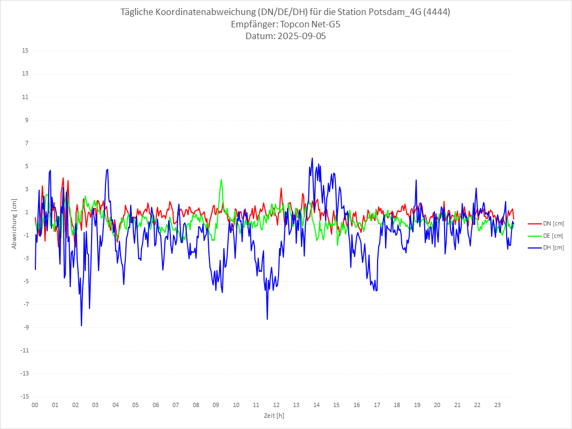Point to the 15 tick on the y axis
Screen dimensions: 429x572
25,51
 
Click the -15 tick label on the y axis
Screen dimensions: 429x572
24,396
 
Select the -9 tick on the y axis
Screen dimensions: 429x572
25,327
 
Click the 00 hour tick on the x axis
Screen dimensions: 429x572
35,405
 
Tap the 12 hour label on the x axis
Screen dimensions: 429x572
276,405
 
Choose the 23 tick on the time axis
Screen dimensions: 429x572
498,405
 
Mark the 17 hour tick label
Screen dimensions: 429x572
377,405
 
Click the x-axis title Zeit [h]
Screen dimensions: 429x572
274,415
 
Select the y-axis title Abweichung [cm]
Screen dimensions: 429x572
14,224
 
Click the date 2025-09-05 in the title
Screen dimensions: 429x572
302,36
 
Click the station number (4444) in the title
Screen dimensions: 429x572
436,12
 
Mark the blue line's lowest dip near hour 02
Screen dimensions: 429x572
81,326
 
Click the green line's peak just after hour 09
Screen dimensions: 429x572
221,179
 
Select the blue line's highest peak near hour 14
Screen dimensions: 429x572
312,158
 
